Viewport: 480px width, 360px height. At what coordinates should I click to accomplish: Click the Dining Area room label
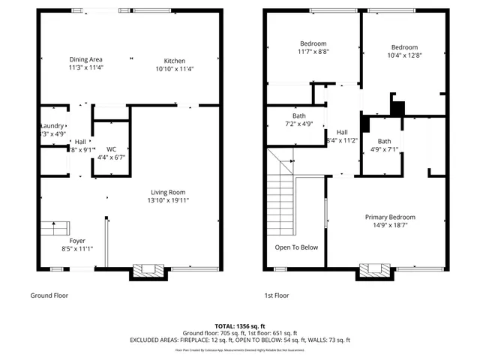point(86,59)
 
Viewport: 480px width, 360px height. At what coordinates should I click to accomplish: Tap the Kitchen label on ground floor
point(175,61)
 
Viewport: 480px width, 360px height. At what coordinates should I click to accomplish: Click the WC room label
point(111,148)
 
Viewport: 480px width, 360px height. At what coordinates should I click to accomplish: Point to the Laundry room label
point(52,125)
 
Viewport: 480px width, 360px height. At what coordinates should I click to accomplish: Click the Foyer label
point(76,241)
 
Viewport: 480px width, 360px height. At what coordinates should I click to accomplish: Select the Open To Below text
point(296,247)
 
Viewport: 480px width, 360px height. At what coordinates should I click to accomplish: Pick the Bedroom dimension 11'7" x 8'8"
point(313,52)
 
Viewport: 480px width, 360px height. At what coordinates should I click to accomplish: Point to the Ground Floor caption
point(49,295)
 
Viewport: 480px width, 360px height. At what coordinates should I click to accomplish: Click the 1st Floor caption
point(276,295)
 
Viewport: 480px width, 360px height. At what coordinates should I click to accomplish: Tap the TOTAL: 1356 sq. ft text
point(240,326)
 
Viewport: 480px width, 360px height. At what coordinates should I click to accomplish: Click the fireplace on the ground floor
point(147,270)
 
